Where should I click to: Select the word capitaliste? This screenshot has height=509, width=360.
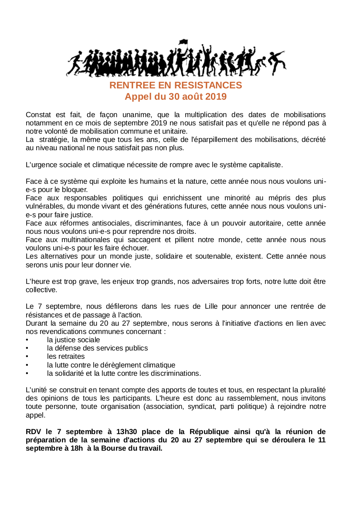pyautogui.click(x=265, y=165)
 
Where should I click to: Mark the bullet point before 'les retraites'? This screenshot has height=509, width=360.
pyautogui.click(x=27, y=357)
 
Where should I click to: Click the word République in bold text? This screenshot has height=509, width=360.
pyautogui.click(x=209, y=432)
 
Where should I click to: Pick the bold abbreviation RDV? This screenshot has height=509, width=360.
pyautogui.click(x=34, y=432)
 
